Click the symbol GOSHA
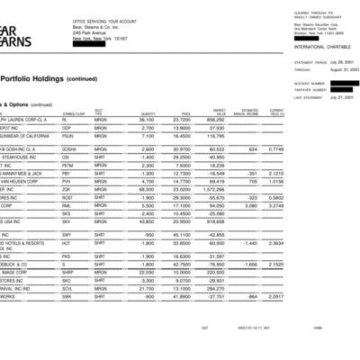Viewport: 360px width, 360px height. (69, 148)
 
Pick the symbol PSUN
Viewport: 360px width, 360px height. (68, 135)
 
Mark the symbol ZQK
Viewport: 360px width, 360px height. (67, 189)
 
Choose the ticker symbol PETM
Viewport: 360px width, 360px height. (68, 165)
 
